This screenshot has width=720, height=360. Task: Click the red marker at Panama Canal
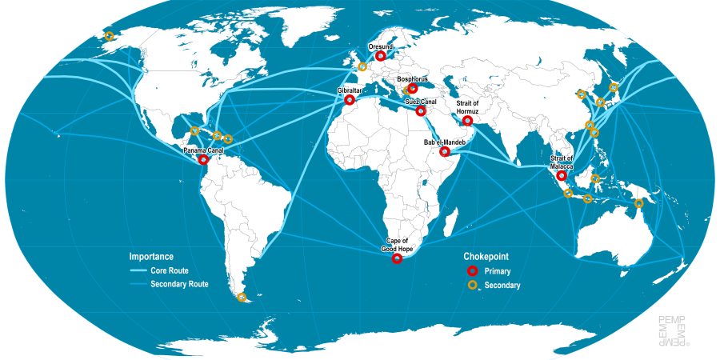click(x=203, y=160)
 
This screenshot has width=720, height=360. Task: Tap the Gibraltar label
click(x=350, y=91)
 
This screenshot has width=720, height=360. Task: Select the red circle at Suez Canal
click(x=421, y=112)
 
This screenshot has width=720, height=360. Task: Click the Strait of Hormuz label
click(x=468, y=106)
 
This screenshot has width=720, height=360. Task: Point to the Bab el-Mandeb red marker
click(x=445, y=151)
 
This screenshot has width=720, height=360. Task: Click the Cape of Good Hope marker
click(x=398, y=259)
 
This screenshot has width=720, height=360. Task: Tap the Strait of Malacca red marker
click(x=562, y=175)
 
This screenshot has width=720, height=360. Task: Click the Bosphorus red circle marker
click(x=413, y=89)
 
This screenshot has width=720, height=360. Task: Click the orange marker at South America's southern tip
click(x=242, y=298)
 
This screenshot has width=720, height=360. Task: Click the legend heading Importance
click(x=151, y=257)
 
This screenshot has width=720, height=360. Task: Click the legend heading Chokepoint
click(x=486, y=257)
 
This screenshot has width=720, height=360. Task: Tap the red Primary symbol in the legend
click(x=472, y=271)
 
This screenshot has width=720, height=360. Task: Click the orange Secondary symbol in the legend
click(x=472, y=285)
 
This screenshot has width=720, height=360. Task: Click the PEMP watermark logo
click(x=672, y=330)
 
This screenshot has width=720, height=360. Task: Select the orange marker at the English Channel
click(x=362, y=66)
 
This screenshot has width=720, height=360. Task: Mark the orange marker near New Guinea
click(x=638, y=203)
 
